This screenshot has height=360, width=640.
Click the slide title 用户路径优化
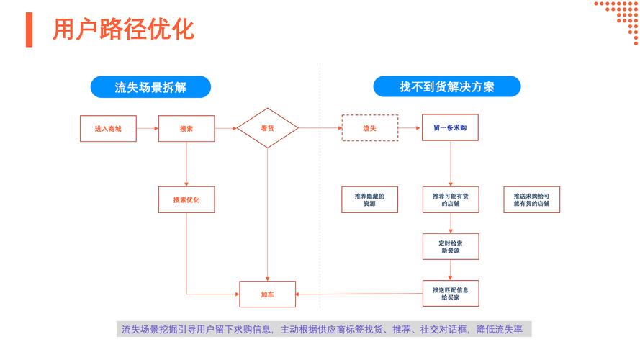point(123,30)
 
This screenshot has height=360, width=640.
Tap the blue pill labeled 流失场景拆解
point(150,87)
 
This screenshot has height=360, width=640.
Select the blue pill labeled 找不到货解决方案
point(447,87)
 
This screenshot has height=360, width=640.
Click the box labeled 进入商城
point(108,128)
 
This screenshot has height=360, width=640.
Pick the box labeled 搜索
point(186,128)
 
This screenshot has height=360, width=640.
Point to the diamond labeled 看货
point(267,128)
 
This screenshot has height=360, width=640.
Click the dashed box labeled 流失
point(369,128)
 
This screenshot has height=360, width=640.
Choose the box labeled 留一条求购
point(451,128)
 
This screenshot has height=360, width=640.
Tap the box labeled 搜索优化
point(186,199)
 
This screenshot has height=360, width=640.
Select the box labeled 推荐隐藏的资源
point(369,199)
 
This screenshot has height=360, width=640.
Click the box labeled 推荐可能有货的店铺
point(451,199)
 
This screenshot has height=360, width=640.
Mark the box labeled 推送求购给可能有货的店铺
point(532,199)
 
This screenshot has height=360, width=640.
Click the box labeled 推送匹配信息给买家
point(451,294)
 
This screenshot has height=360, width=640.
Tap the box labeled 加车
point(267,294)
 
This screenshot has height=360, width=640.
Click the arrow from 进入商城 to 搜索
point(147,128)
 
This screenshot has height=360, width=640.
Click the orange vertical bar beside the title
point(29,30)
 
